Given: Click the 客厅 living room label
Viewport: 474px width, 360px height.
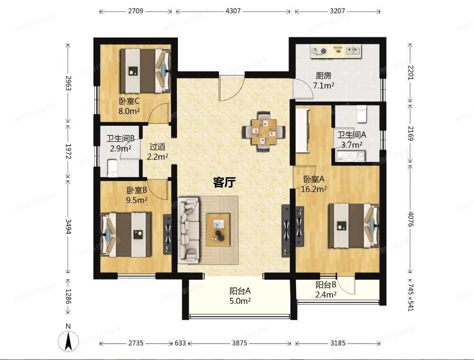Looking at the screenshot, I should point(224,182).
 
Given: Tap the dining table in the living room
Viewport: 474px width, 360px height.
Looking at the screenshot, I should point(263,131).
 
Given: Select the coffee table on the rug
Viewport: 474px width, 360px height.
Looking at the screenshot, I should point(218,229).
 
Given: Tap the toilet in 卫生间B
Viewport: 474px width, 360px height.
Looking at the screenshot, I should point(112,168).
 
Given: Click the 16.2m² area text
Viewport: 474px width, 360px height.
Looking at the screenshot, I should point(313,189).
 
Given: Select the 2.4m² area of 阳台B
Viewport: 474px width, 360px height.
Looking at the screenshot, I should point(326,294).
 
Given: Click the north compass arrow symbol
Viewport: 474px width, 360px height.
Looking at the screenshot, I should point(68,340).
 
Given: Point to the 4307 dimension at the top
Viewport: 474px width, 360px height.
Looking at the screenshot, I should point(232,10).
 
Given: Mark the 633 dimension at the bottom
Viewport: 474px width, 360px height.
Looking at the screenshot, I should point(180,343).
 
